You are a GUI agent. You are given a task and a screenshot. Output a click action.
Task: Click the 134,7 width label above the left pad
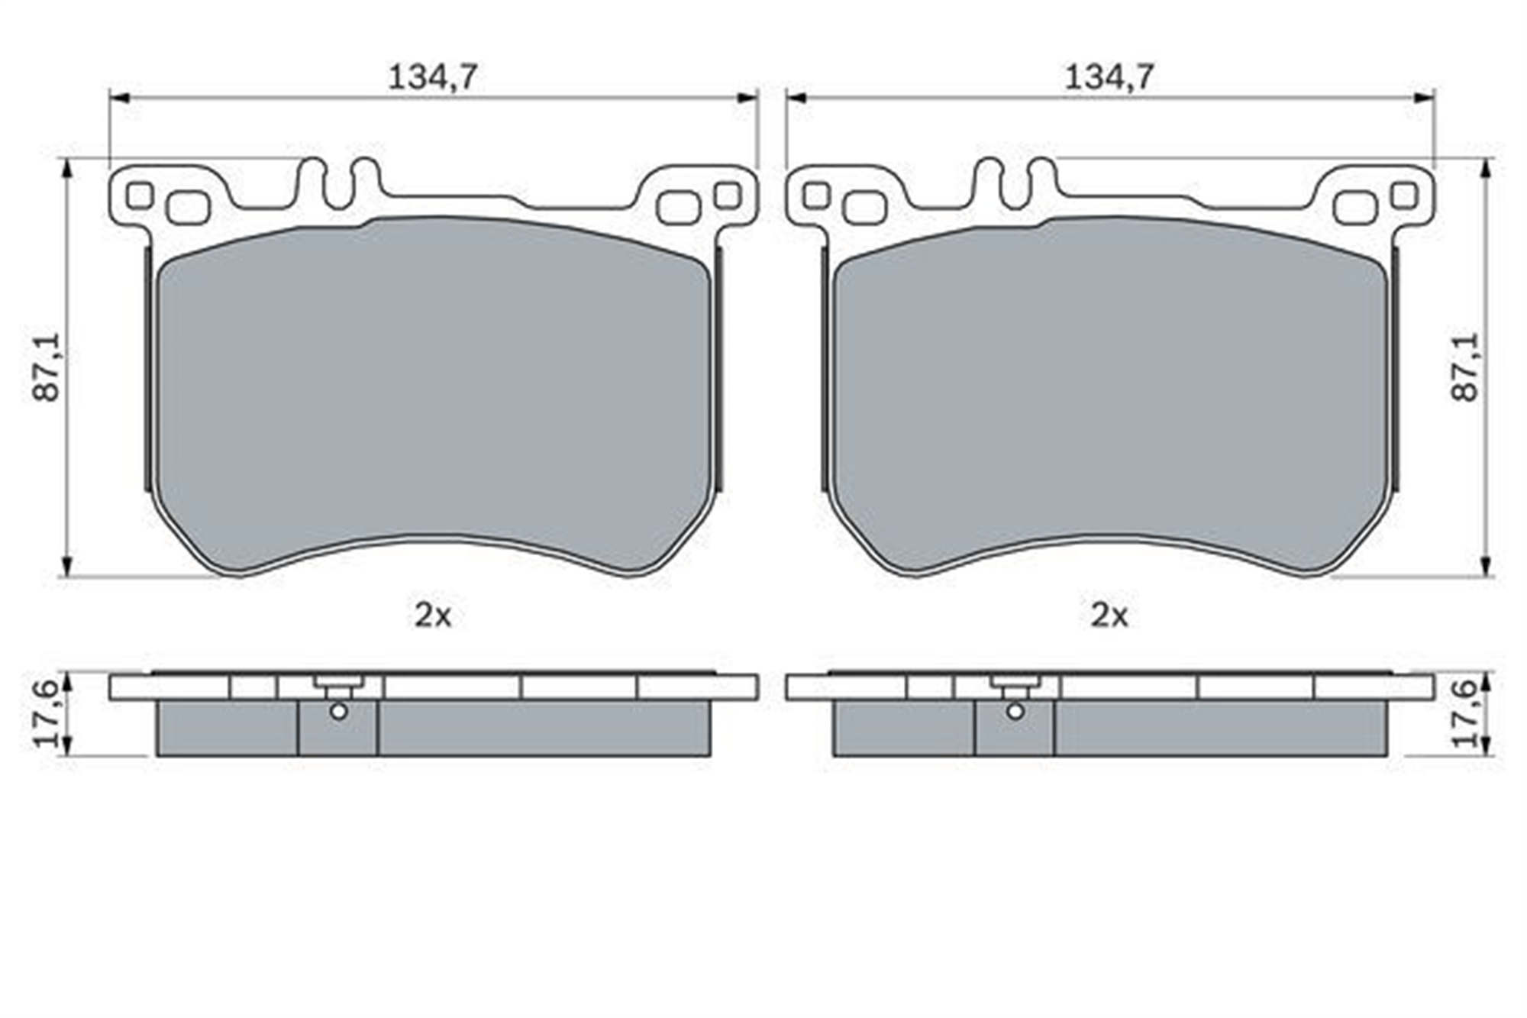pos(433,77)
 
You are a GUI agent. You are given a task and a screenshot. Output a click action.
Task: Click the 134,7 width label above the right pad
pos(1109,77)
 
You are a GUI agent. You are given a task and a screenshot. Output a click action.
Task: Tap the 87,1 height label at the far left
pos(47,367)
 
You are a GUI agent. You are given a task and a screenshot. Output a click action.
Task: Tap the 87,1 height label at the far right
pos(1465,367)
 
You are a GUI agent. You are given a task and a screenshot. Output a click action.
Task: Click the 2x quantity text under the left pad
pos(433,615)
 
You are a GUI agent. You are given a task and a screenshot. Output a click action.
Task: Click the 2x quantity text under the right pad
pos(1109,615)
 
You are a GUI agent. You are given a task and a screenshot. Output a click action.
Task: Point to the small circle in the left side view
pos(339,711)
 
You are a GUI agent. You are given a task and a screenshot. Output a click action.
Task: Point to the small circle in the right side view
pos(1015,711)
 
